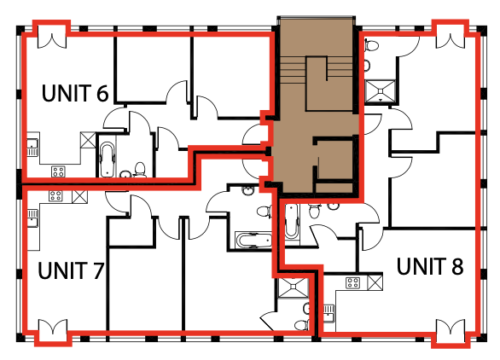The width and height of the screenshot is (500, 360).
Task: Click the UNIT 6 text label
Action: [75, 91]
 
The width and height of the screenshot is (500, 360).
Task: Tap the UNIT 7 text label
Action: [72, 271]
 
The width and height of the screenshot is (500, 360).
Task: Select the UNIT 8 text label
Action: [430, 267]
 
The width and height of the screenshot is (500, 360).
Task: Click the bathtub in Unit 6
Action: [108, 160]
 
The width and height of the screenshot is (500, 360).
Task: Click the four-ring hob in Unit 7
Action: [56, 196]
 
